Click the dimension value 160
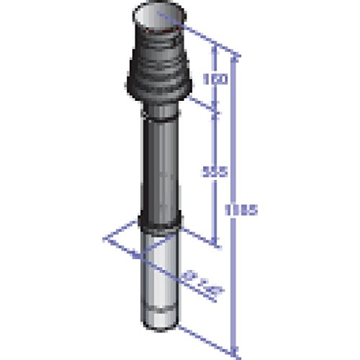[x=210, y=78]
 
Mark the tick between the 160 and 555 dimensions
[x=215, y=109]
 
